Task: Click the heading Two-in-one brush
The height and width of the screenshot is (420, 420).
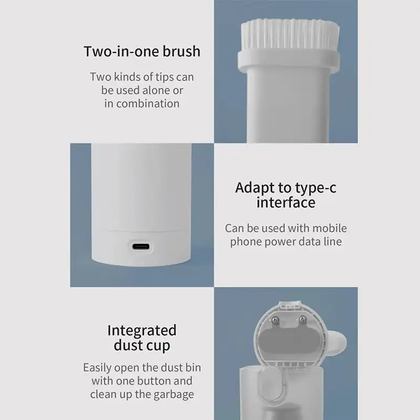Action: (x=142, y=51)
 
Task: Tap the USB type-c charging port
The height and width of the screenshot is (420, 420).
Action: (x=141, y=246)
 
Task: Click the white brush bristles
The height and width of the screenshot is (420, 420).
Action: (x=290, y=35)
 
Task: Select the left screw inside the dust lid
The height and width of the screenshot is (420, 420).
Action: (x=275, y=320)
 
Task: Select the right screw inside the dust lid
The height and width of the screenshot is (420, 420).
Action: (x=303, y=319)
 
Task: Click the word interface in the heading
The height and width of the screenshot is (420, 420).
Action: (x=286, y=203)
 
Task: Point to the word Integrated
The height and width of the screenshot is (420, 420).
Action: (x=142, y=331)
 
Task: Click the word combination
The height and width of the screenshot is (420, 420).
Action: (x=148, y=103)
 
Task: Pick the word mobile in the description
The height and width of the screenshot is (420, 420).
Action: (x=330, y=228)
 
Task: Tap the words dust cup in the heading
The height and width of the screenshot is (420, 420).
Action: (x=142, y=345)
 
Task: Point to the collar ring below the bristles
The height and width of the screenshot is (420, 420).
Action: (x=289, y=59)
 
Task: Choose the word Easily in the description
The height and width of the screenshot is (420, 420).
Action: (x=98, y=368)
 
